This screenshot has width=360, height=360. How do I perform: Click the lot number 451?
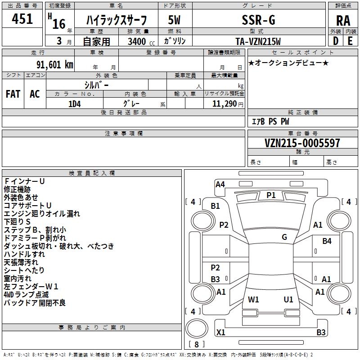tap(22, 19)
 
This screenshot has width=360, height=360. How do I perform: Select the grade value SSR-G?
tap(259, 20)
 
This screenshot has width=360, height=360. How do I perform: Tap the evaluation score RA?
tap(343, 21)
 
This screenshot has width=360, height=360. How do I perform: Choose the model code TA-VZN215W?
tap(258, 41)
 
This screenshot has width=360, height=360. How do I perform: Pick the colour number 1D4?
tap(75, 103)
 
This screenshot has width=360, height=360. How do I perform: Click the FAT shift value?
tap(13, 94)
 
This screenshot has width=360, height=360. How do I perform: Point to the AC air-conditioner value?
tap(35, 94)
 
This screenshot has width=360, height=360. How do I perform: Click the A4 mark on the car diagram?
tap(220, 184)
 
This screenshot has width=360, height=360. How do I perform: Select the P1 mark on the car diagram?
tap(271, 195)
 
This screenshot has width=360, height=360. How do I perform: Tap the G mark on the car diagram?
tap(284, 237)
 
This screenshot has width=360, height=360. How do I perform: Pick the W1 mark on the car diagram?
tap(253, 299)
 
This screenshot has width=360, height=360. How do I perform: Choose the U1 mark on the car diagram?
tap(288, 299)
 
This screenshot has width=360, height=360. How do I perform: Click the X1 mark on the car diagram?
tap(220, 333)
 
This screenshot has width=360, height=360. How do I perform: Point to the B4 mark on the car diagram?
tap(327, 241)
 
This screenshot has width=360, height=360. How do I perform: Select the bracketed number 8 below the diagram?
tap(196, 345)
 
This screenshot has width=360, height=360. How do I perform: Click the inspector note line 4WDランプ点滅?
tap(27, 295)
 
